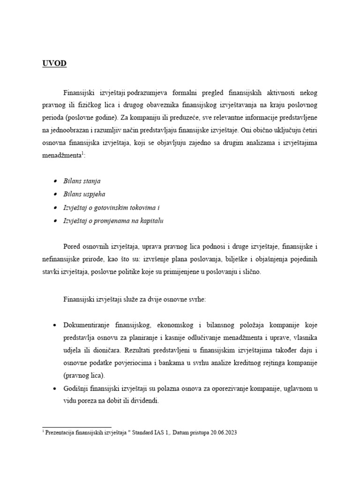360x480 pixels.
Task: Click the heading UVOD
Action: tap(54, 64)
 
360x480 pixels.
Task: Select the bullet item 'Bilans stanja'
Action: tap(82, 180)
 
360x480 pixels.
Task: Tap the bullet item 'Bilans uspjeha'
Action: tap(83, 194)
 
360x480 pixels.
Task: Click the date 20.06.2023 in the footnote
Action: tap(222, 433)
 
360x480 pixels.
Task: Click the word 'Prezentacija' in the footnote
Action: tap(59, 433)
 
